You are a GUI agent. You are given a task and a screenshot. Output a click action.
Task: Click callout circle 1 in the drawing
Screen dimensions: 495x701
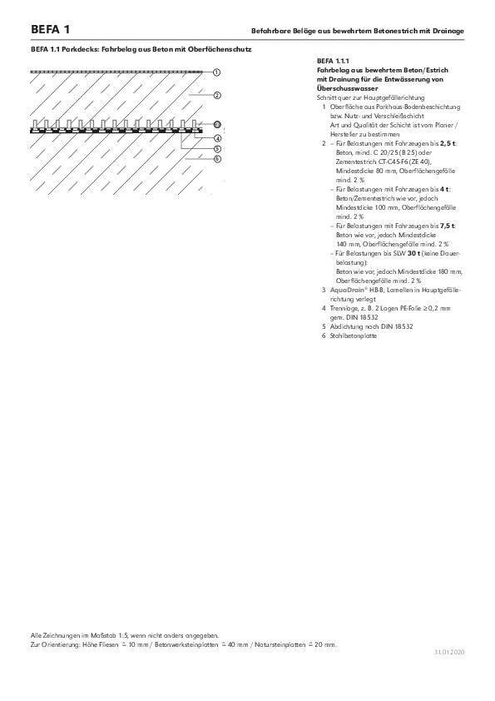tap(217, 73)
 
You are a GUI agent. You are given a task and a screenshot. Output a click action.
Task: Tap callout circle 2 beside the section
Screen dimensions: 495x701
tap(217, 96)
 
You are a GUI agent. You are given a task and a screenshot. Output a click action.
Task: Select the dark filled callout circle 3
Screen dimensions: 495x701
tap(217, 125)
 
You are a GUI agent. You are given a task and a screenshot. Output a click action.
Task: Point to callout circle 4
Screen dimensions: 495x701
tap(217, 137)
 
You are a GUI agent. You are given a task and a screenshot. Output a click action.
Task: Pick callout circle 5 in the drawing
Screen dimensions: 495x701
tap(217, 148)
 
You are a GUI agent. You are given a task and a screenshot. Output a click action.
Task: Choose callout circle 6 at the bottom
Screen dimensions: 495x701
tap(217, 158)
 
